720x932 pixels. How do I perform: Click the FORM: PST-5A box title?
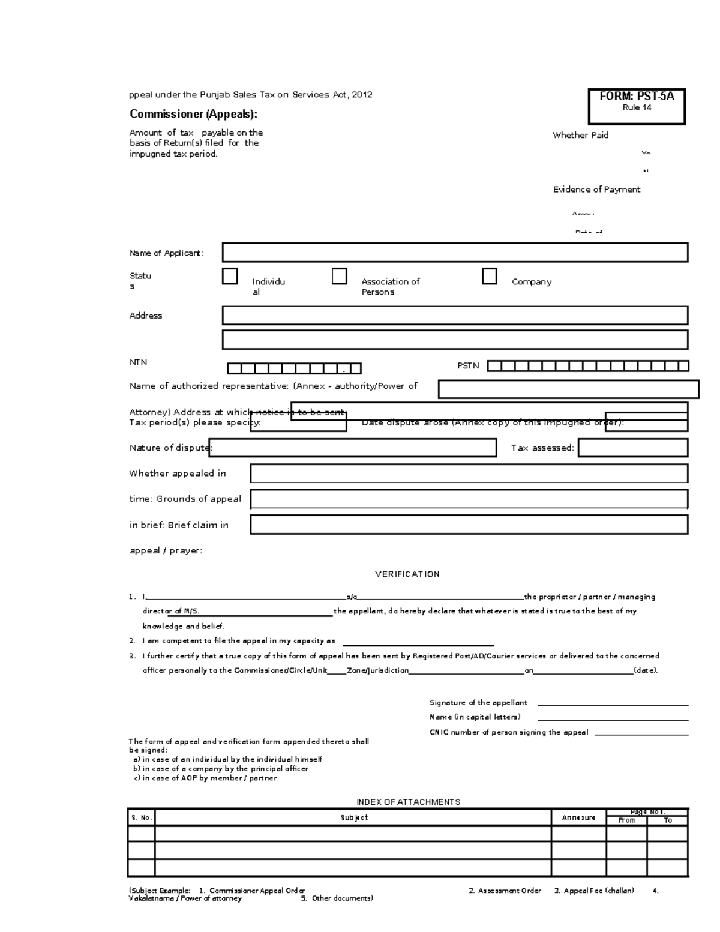pos(637,97)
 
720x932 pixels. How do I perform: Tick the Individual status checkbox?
pos(230,277)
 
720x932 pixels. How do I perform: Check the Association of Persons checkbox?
pos(340,277)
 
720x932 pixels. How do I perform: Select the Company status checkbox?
pos(490,277)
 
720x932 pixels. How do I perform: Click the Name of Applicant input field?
pos(455,253)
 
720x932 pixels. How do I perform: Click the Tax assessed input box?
pos(633,448)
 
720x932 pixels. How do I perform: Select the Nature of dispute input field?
pos(352,448)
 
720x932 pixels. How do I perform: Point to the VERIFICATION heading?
pos(407,574)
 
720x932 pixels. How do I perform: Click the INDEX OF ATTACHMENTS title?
pos(408,802)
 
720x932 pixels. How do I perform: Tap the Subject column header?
pos(353,817)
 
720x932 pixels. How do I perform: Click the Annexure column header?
pos(578,817)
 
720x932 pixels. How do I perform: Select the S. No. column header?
pos(142,817)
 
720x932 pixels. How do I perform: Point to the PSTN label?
pos(468,365)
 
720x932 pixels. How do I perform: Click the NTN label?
pos(138,362)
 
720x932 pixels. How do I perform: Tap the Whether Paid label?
pos(580,136)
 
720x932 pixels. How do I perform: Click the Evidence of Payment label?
pos(596,190)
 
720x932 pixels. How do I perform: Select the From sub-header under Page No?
pos(626,820)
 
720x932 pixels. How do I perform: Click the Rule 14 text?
pos(637,108)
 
